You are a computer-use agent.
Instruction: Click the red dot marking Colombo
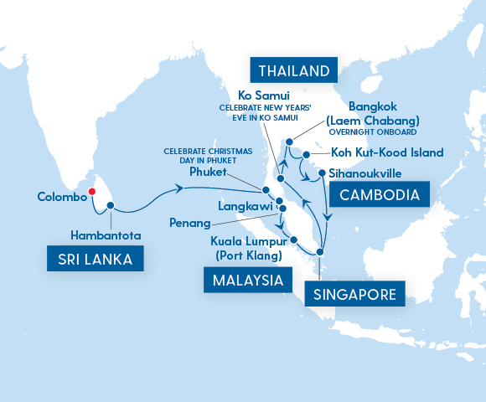click(x=93, y=191)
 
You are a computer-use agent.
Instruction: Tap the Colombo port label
click(x=62, y=198)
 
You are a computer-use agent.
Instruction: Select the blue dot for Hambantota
click(x=110, y=205)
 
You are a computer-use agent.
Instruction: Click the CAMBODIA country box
click(x=380, y=195)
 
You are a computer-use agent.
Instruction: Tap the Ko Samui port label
click(x=265, y=95)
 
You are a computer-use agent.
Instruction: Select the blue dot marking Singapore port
click(x=320, y=252)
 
